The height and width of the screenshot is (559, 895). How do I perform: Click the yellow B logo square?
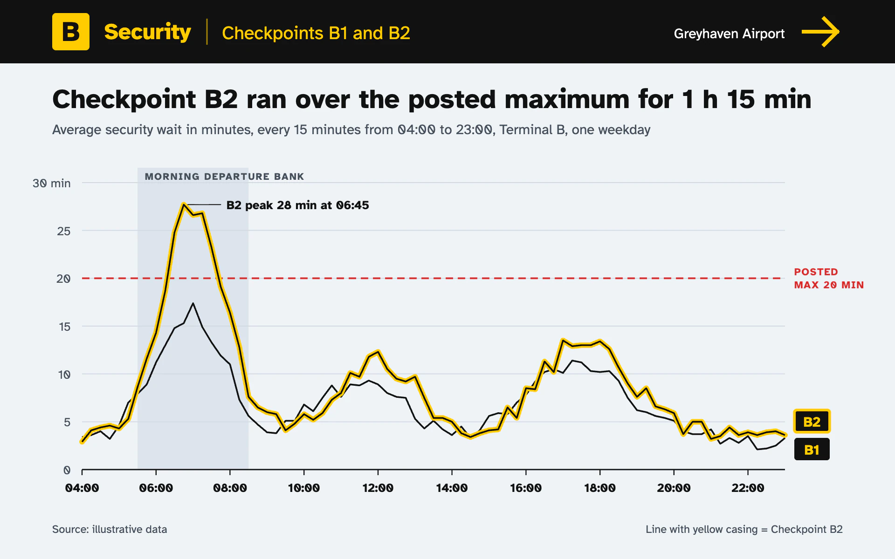click(x=71, y=32)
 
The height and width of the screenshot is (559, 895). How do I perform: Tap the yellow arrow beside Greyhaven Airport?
click(x=820, y=32)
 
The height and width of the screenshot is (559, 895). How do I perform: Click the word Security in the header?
click(x=147, y=32)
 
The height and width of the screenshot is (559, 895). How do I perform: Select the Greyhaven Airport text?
click(x=729, y=34)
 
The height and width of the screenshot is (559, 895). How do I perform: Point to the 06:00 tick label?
click(x=156, y=488)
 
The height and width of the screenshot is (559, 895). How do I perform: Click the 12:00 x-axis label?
click(x=378, y=488)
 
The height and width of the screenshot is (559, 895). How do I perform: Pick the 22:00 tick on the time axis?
click(x=748, y=488)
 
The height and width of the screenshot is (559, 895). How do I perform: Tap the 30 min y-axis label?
click(x=52, y=183)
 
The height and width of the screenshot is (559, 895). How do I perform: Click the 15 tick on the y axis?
click(x=65, y=327)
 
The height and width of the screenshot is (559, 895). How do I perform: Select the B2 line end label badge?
click(x=812, y=422)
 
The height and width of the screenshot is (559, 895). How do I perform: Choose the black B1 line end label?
click(x=812, y=450)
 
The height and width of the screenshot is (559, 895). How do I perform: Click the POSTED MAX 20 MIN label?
click(x=829, y=278)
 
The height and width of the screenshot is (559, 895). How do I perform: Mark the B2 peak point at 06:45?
click(x=184, y=204)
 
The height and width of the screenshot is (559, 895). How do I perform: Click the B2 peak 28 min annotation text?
click(x=297, y=205)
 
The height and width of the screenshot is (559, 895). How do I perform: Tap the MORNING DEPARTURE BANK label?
click(x=224, y=177)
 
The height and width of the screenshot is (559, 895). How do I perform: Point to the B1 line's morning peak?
click(x=193, y=303)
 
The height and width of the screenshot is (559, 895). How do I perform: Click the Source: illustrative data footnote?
click(x=110, y=529)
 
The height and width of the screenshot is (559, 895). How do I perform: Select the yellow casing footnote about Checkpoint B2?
click(x=744, y=529)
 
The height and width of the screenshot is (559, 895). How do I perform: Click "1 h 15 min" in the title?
click(x=746, y=99)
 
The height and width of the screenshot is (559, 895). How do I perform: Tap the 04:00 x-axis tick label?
click(x=82, y=488)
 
